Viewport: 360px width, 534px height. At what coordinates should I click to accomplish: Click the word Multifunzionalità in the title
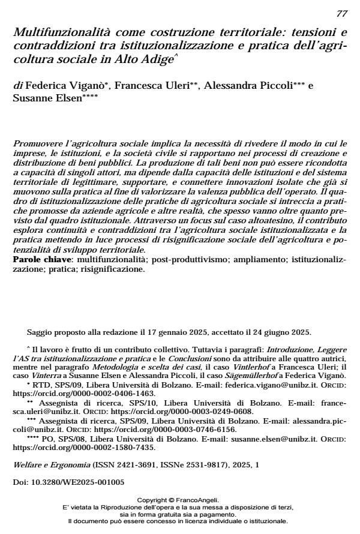54,32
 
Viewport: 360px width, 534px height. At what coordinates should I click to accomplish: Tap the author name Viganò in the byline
88,86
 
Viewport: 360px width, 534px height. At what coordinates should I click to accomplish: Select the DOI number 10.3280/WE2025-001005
80,482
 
